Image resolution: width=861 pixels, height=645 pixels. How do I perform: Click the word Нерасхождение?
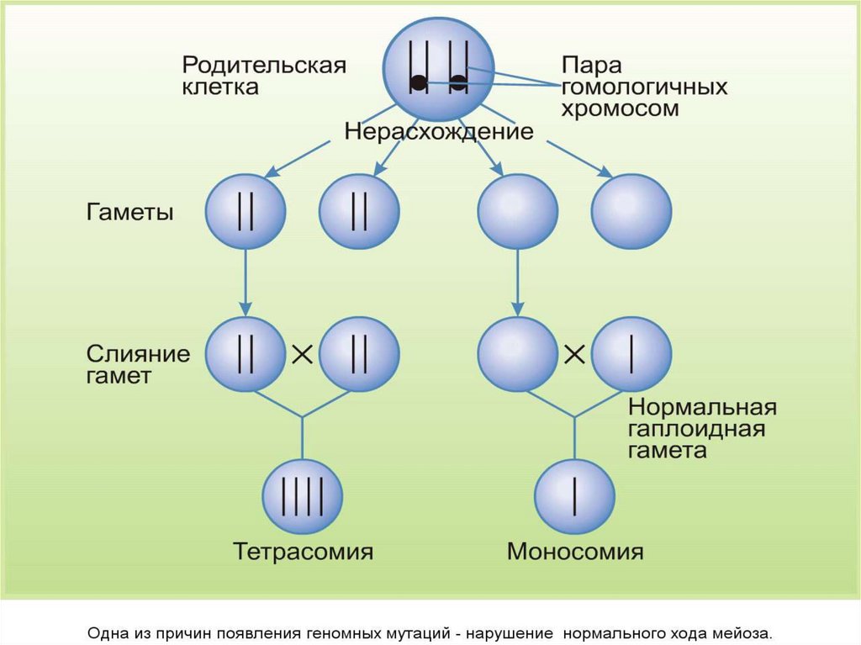coord(438,132)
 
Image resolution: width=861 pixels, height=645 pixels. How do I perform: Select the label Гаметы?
coord(130,212)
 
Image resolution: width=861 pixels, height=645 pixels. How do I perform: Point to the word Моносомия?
coord(575,552)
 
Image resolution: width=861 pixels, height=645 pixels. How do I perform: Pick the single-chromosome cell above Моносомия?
coord(575,495)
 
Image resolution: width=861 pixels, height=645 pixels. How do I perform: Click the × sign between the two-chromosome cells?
coord(302,355)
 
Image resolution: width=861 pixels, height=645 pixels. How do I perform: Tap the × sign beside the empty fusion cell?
coord(574,355)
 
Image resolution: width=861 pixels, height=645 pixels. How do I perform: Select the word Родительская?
coord(265,66)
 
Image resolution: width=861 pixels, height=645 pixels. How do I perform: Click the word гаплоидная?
coord(696,430)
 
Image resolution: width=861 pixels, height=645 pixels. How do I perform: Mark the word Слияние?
coord(138,353)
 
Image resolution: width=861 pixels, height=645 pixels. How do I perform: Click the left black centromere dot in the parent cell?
coord(418,82)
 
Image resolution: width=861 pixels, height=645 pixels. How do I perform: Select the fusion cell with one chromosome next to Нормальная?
coord(631,354)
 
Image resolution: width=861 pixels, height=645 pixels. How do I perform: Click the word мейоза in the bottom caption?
coord(743,632)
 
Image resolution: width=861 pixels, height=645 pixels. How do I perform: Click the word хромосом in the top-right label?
coord(621,109)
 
